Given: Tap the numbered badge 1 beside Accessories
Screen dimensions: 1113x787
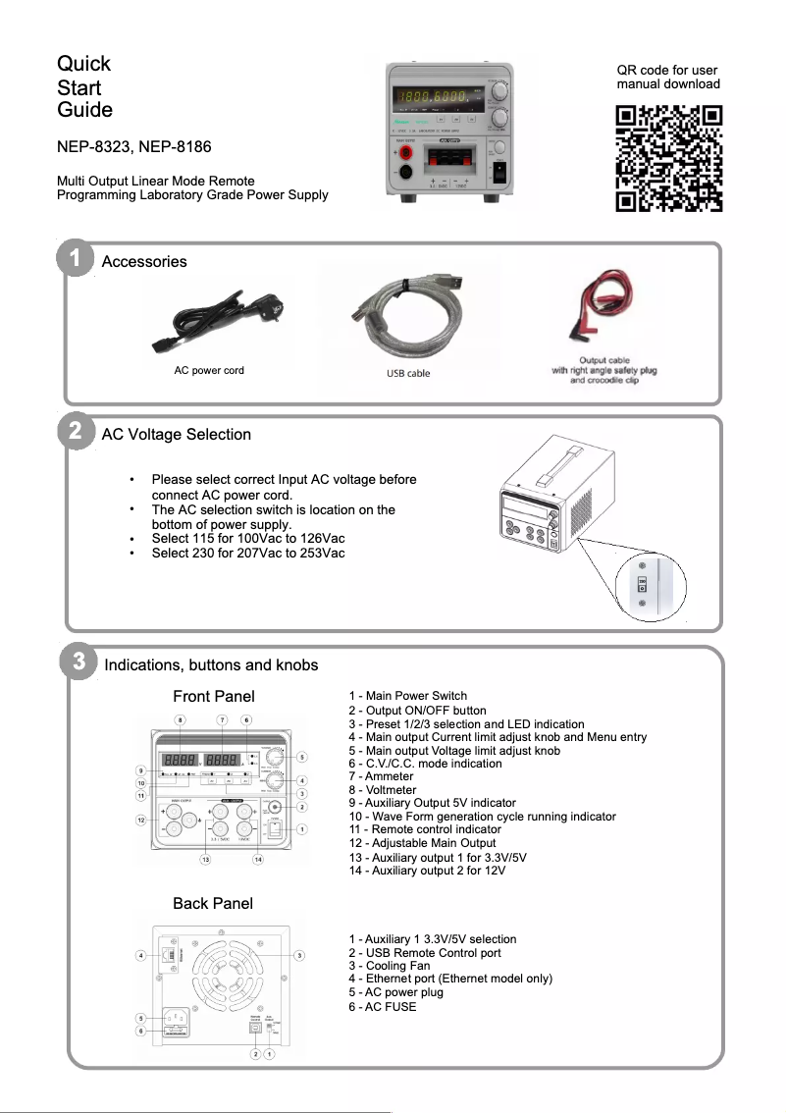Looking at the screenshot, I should [x=75, y=261].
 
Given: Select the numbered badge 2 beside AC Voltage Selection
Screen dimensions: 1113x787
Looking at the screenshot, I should [x=75, y=433].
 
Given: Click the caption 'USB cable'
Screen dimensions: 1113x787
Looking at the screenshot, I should [x=408, y=373].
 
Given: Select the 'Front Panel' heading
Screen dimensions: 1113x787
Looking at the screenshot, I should [x=213, y=696].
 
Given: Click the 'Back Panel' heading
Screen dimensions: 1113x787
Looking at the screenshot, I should [x=212, y=903].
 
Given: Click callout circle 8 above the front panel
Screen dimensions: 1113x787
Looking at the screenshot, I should [x=180, y=719].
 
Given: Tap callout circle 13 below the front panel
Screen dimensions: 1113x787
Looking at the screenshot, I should [x=205, y=860].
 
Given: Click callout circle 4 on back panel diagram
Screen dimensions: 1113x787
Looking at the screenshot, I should [x=141, y=955].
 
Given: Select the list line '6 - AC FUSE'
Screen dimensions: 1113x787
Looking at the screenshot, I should [x=382, y=1006].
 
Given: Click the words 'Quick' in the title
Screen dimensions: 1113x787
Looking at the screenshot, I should [x=83, y=64].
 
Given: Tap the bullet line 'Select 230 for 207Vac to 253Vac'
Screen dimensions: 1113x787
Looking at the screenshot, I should [x=248, y=553].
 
